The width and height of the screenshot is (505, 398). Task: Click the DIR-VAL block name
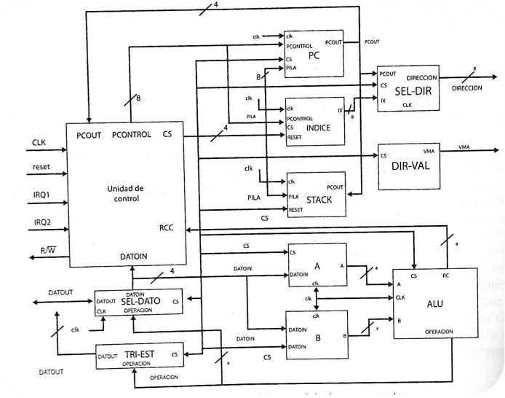pos(410,164)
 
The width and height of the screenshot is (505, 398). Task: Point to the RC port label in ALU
pos(446,276)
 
